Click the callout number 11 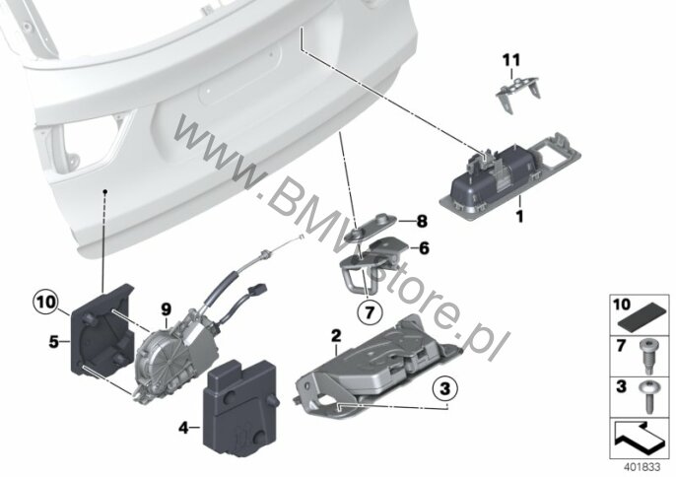tap(511, 60)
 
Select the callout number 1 tap(520, 216)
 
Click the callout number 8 tap(422, 222)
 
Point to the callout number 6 tap(424, 248)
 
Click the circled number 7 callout tap(370, 312)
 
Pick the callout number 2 tap(336, 335)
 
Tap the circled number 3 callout tap(445, 389)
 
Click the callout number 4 tap(183, 429)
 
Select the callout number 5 tap(53, 342)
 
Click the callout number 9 tap(166, 309)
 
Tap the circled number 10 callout tap(45, 302)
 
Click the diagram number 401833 tap(642, 467)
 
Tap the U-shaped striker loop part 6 tap(371, 263)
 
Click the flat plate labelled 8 tap(372, 227)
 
